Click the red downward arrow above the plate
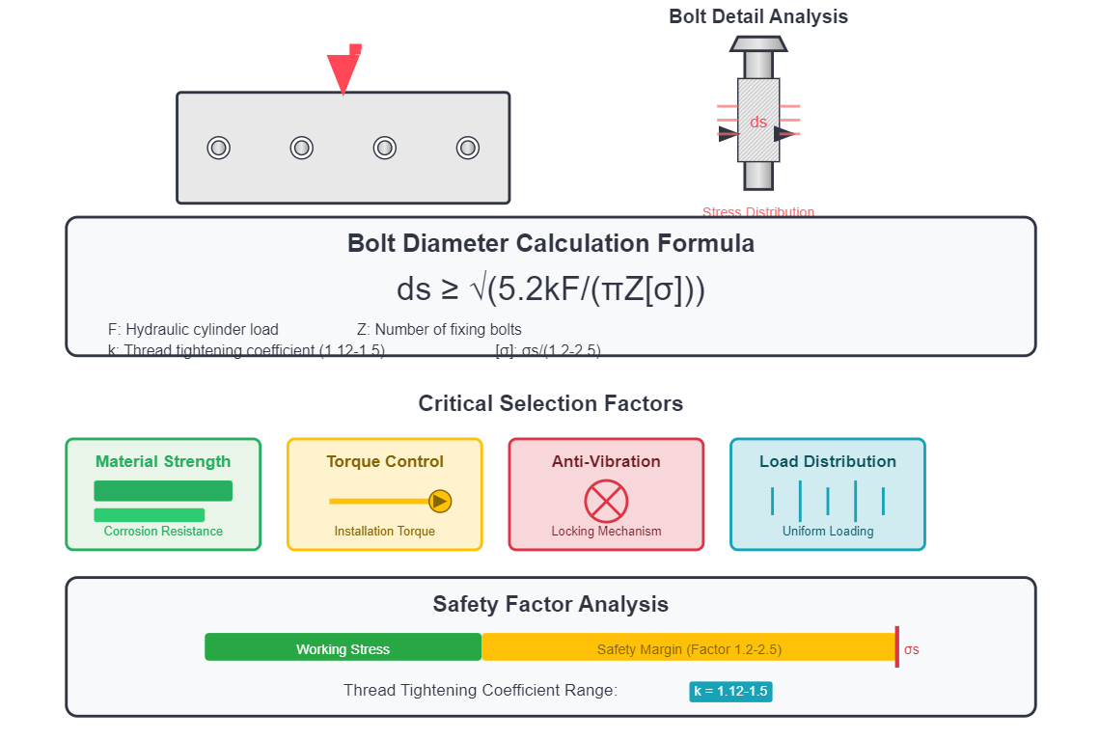344,71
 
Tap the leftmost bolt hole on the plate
219,148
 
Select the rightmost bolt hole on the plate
468,148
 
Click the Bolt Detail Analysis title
758,16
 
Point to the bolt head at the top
758,43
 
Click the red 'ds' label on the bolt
758,123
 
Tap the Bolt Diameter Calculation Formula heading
551,243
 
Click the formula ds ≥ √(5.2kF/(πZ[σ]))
551,289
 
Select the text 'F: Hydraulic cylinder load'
193,330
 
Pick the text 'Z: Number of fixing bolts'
439,330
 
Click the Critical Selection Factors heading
551,403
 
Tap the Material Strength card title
163,461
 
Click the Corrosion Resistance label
163,532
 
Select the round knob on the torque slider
440,501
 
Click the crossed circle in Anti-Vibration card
606,501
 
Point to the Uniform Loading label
828,532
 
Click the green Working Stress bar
343,647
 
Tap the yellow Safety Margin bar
689,647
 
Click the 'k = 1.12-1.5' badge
731,691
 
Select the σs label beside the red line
911,649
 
